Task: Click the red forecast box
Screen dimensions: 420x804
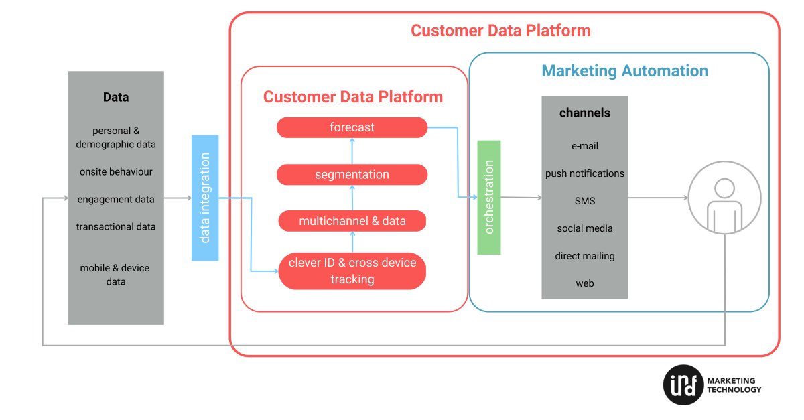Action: pos(352,127)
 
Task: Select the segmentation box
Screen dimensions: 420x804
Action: pos(352,175)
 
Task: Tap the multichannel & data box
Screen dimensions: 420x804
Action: pos(352,221)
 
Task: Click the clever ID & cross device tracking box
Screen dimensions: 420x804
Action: pos(352,271)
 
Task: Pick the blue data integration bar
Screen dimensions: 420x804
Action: pos(205,198)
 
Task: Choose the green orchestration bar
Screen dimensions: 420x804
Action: pos(489,197)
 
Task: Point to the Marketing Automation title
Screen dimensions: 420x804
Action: pos(624,71)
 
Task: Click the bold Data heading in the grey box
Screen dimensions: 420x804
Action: pos(116,97)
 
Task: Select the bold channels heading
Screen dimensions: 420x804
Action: pos(585,113)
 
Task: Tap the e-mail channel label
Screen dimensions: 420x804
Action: pos(585,146)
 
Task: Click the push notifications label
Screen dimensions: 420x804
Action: pos(585,173)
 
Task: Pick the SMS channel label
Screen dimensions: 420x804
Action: pos(585,201)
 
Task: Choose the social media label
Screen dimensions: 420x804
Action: pos(585,228)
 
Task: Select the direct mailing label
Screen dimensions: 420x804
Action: pos(585,256)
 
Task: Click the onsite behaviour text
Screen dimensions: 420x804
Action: pos(116,171)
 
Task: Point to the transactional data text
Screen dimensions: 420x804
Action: pos(116,226)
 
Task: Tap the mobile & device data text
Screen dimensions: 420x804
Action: pos(116,275)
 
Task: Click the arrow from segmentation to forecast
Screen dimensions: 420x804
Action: pos(352,151)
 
